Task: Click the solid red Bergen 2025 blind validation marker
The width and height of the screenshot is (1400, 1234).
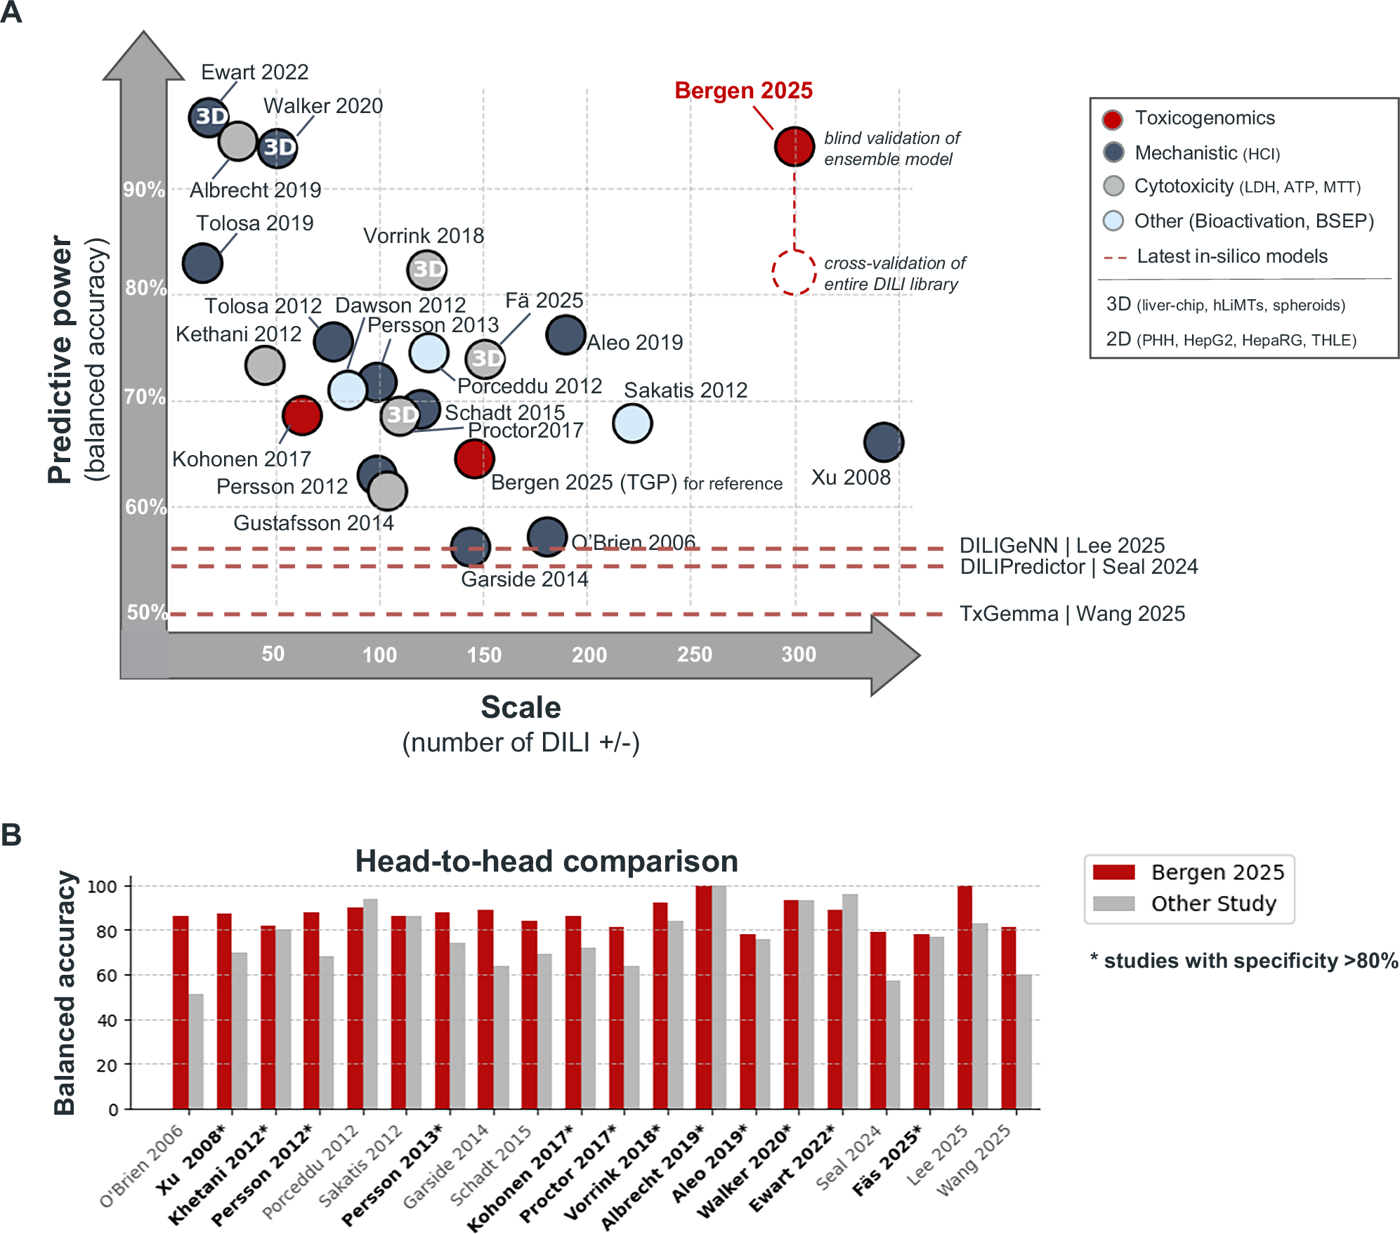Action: pyautogui.click(x=794, y=147)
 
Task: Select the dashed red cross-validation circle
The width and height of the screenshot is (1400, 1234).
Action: pyautogui.click(x=794, y=273)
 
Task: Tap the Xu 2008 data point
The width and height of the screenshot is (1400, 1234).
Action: pyautogui.click(x=883, y=442)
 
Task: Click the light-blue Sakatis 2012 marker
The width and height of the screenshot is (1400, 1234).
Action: pyautogui.click(x=632, y=423)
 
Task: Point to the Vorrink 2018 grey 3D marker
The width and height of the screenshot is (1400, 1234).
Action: pyautogui.click(x=426, y=269)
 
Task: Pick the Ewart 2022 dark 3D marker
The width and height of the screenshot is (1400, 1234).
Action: pyautogui.click(x=209, y=117)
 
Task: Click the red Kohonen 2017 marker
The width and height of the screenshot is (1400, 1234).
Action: pyautogui.click(x=302, y=415)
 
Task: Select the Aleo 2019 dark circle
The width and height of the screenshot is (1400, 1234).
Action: pyautogui.click(x=565, y=334)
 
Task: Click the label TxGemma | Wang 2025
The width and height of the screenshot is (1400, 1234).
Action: pyautogui.click(x=1072, y=614)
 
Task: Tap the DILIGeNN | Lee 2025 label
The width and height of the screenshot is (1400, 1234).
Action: pyautogui.click(x=1061, y=546)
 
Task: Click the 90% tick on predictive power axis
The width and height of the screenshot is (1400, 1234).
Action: pyautogui.click(x=143, y=190)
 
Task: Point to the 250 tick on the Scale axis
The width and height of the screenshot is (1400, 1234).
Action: pyautogui.click(x=694, y=655)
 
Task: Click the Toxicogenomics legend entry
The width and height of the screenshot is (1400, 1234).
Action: pyautogui.click(x=1204, y=118)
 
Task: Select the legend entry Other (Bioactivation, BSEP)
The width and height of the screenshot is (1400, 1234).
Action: pyautogui.click(x=1253, y=221)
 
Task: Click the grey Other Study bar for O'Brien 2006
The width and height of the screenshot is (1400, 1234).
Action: pyautogui.click(x=196, y=1051)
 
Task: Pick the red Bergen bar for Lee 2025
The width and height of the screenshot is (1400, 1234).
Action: pyautogui.click(x=964, y=997)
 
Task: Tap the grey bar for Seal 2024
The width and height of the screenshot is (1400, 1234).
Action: pyautogui.click(x=893, y=1044)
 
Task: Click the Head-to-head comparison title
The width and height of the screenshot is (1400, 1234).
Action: pyautogui.click(x=546, y=861)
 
